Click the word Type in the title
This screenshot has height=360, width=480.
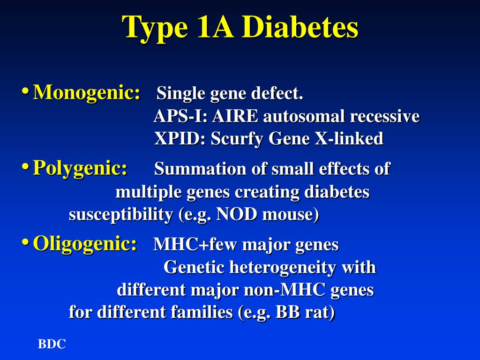pos(155,28)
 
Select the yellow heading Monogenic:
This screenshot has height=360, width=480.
pos(87,92)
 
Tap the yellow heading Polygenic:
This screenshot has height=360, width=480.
pos(80,168)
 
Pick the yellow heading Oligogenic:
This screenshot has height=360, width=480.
pos(85,244)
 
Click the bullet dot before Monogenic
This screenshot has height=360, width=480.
pos(25,91)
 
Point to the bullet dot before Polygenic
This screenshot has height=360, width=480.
pos(25,166)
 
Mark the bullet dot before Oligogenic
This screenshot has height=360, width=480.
pos(25,242)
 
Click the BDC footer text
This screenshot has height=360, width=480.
pos(52,345)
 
